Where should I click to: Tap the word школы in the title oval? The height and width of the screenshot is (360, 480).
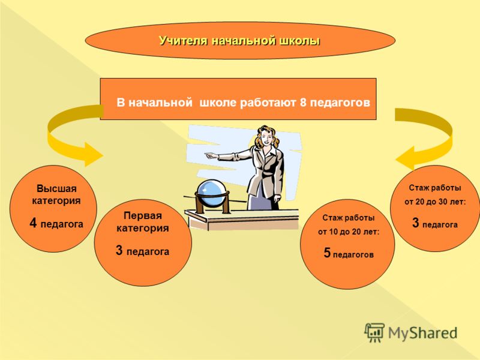[301, 41]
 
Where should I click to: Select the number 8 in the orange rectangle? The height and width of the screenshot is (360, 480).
[303, 102]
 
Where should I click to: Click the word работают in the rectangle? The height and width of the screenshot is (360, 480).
[268, 103]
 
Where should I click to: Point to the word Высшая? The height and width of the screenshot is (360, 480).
[56, 188]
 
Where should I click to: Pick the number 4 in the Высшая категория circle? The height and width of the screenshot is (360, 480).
[34, 223]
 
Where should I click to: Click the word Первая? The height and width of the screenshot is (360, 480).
[143, 215]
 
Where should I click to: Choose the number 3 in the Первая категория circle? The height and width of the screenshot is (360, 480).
[119, 250]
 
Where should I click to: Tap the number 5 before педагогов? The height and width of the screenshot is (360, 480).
[327, 253]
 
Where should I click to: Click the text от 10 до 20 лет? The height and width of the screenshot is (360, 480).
[349, 232]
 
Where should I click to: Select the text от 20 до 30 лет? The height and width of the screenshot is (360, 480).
[435, 202]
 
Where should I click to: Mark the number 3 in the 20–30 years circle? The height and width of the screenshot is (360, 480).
[415, 223]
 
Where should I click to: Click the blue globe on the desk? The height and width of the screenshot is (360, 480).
[212, 194]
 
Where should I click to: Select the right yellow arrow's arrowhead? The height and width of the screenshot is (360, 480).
[404, 158]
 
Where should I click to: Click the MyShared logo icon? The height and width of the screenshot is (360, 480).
[374, 332]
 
